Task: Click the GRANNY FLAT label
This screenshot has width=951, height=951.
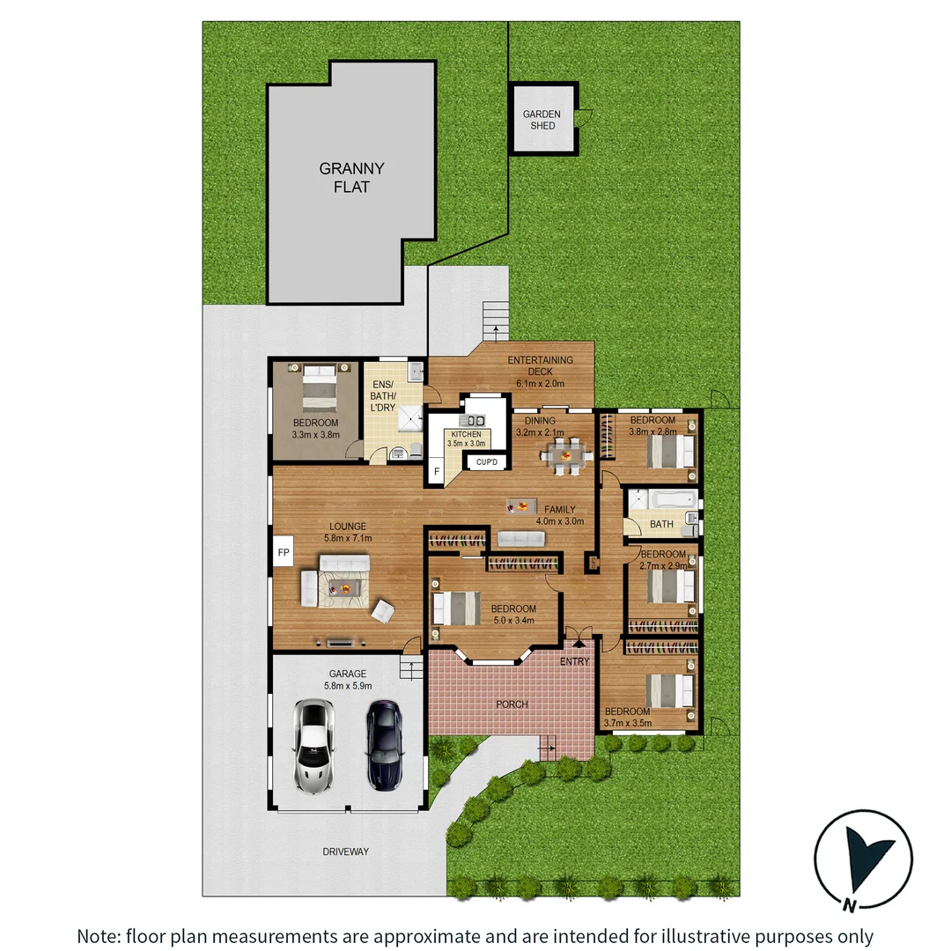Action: point(351,178)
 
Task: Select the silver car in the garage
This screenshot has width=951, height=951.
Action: point(313,745)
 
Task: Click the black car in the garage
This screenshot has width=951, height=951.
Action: point(384,744)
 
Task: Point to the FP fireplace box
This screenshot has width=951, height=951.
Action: point(284,553)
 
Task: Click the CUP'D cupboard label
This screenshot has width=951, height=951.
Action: point(486,462)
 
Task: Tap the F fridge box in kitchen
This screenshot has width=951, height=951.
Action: point(435,472)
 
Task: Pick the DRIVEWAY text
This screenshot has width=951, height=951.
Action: point(345,851)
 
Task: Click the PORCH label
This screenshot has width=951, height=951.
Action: point(512,704)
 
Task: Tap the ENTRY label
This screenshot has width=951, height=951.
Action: point(575,661)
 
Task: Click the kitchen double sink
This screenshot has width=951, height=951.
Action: point(476,421)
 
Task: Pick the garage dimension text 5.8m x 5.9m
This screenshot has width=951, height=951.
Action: point(349,685)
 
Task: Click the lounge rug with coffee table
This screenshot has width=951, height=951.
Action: point(344,587)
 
